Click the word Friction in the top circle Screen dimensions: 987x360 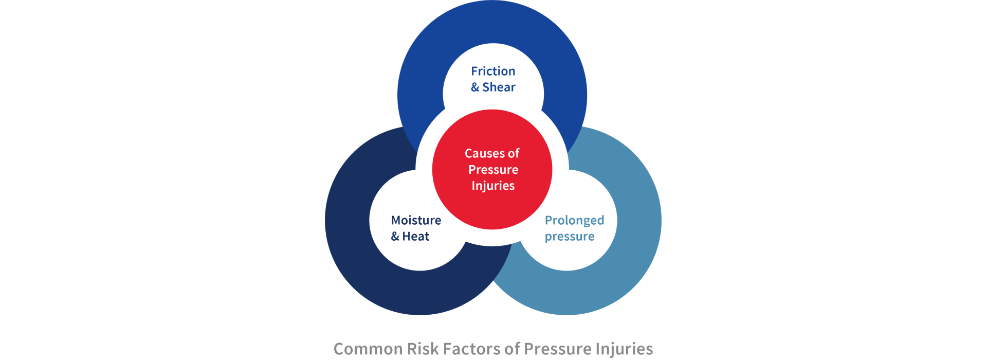click(493, 71)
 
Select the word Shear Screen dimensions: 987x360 click(499, 87)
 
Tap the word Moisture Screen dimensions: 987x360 click(416, 220)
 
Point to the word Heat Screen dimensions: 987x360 click(415, 236)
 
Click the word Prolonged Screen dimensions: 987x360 click(574, 221)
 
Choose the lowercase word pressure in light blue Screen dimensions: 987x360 click(570, 237)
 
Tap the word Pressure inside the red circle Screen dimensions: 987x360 click(493, 169)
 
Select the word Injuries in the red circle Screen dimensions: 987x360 click(493, 186)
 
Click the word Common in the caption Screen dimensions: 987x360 click(368, 349)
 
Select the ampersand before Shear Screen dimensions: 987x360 click(475, 87)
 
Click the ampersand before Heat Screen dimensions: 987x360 click(395, 237)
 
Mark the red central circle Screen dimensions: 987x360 click(492, 169)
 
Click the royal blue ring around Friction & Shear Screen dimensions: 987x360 click(492, 22)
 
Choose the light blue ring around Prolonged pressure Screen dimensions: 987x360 click(639, 221)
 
